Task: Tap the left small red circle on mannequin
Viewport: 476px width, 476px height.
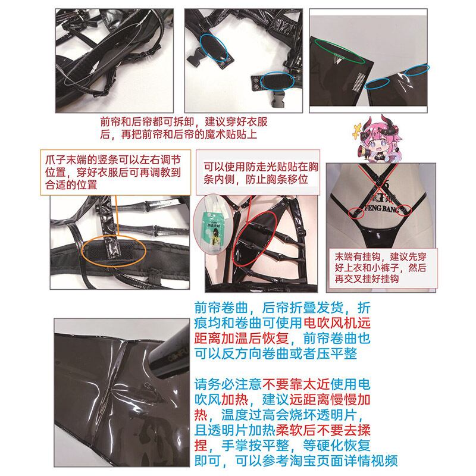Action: tap(356, 213)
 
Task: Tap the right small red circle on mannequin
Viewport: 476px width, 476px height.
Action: tap(404, 211)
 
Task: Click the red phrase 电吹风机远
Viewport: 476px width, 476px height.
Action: tap(337, 322)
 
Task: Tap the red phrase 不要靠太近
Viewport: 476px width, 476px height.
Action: tap(296, 384)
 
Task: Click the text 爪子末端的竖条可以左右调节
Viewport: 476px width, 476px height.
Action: tap(113, 160)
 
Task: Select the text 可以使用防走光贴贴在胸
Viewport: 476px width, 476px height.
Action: tap(261, 167)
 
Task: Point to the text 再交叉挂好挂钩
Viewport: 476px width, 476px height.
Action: tap(367, 278)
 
